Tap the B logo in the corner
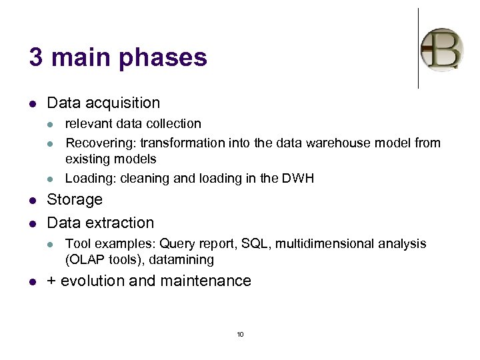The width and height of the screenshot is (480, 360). (x=441, y=49)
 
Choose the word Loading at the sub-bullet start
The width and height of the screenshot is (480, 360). (x=87, y=178)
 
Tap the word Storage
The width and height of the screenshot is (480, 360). (x=75, y=200)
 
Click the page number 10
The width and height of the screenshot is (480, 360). (x=240, y=334)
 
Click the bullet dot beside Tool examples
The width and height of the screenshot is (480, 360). (x=51, y=244)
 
